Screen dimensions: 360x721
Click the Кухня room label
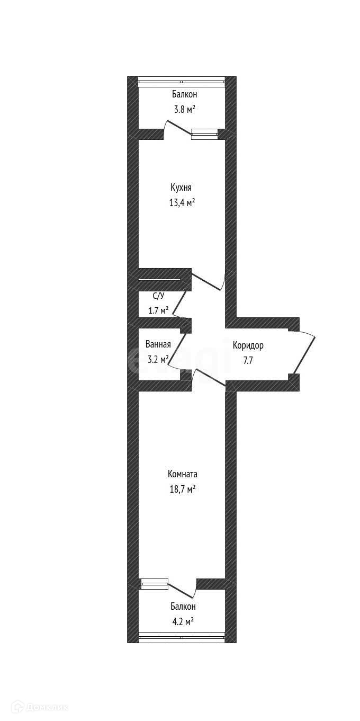(x=181, y=188)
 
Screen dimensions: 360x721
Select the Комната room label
(x=182, y=474)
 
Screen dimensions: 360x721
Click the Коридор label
(x=248, y=346)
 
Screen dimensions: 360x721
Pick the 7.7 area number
(x=248, y=360)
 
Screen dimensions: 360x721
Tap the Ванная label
(x=158, y=344)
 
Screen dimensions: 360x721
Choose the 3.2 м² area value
(x=158, y=359)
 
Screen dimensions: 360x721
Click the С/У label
(x=158, y=296)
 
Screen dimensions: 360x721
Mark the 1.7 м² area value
(x=158, y=310)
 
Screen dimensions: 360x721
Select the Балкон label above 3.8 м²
(x=184, y=94)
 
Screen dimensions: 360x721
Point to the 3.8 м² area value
(x=184, y=109)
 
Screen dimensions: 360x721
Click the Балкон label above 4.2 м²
(x=183, y=607)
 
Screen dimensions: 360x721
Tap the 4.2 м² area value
(x=183, y=621)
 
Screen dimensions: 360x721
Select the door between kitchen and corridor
(x=208, y=282)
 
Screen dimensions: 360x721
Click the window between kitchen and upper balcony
(x=204, y=134)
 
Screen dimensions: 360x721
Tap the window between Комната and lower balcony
(x=155, y=584)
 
